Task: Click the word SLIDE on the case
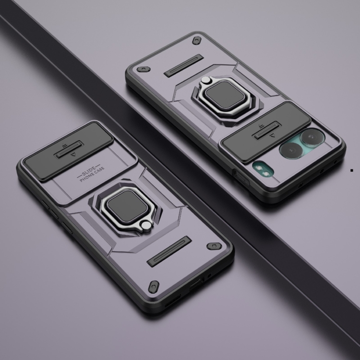88,171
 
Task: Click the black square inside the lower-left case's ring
127,206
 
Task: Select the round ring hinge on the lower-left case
146,226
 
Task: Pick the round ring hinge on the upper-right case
206,80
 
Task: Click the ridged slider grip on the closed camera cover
69,149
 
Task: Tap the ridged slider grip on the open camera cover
267,131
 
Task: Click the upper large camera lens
312,138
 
